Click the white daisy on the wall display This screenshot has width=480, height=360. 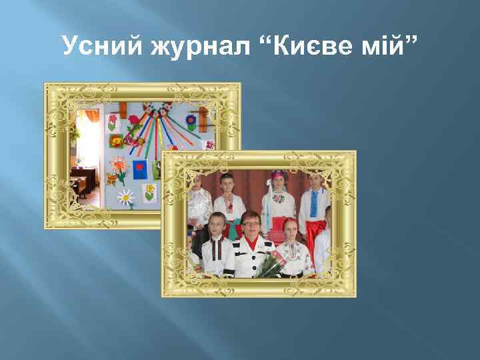125,196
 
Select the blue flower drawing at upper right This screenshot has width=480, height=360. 191,122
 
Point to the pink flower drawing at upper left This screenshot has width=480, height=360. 112,121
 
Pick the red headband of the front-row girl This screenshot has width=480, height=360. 289,221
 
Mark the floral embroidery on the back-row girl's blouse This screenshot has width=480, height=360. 279,198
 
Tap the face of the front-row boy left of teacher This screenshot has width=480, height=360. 217,225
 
